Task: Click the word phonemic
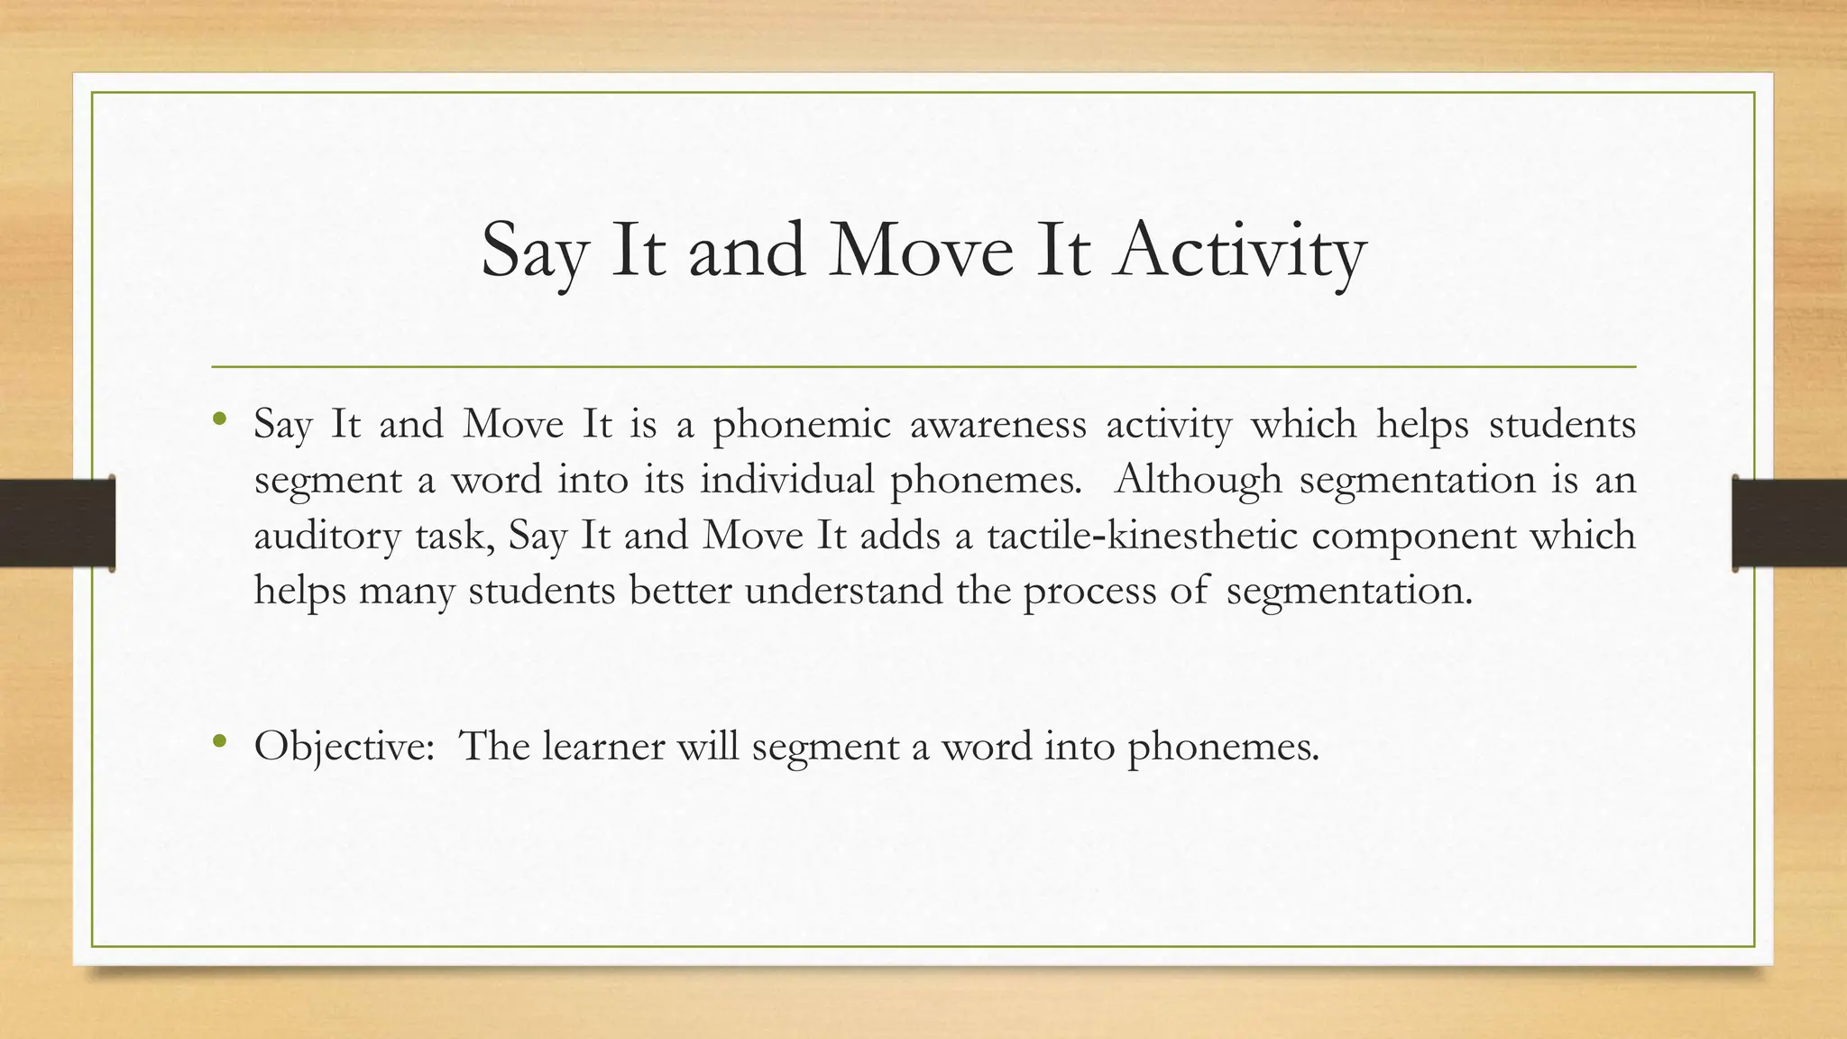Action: [x=801, y=425]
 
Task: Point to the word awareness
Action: [x=997, y=425]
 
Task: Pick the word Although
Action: [x=1198, y=480]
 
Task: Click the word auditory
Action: [x=326, y=537]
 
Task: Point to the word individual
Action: [x=786, y=479]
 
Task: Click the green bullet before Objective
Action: [x=219, y=742]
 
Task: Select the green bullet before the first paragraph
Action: [x=219, y=419]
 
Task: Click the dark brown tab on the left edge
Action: [x=57, y=523]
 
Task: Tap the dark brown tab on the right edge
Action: [x=1789, y=523]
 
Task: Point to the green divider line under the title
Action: [x=923, y=367]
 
